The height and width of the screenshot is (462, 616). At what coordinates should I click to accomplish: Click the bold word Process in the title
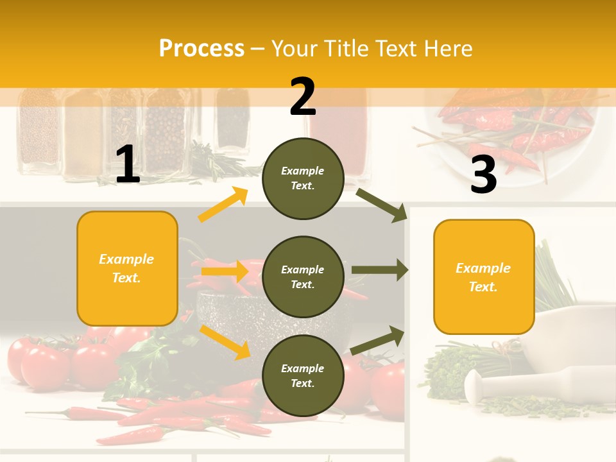point(201,48)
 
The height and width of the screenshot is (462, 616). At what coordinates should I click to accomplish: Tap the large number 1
point(128,165)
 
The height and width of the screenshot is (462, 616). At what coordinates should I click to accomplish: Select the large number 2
point(303,97)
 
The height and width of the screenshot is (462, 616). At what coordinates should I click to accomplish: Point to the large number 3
point(483,175)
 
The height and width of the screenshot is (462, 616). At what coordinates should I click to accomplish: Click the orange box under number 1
point(127,268)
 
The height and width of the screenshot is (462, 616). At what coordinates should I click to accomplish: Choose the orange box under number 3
point(484,277)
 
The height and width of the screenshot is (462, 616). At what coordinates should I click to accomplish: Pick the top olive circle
point(303,178)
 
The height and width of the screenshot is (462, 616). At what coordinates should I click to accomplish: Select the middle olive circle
point(303,277)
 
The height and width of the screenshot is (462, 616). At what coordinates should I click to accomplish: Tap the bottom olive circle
point(303,375)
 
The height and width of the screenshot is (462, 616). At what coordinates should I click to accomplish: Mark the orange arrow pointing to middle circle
point(225,271)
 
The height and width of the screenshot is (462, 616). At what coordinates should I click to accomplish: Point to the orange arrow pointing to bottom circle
point(225,341)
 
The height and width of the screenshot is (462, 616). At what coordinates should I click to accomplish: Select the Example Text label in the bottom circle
point(303,376)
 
